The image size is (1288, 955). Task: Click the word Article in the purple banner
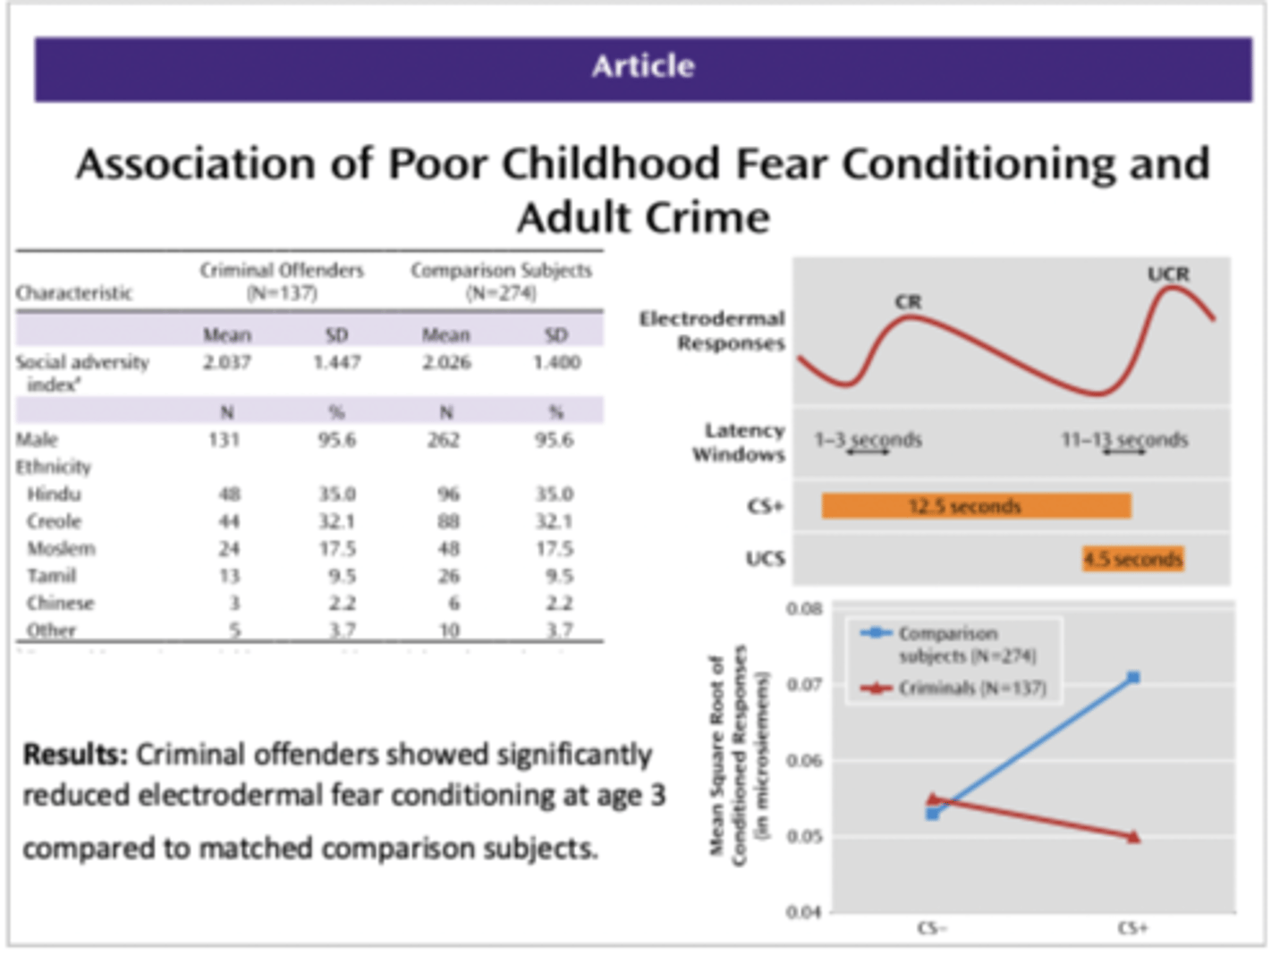pyautogui.click(x=642, y=66)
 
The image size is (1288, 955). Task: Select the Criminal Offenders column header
pyautogui.click(x=282, y=281)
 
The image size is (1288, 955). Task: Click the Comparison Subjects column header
pyautogui.click(x=501, y=281)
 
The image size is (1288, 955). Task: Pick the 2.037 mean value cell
pyautogui.click(x=226, y=362)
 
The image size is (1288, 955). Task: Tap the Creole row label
pyautogui.click(x=55, y=521)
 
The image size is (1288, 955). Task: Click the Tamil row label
pyautogui.click(x=51, y=576)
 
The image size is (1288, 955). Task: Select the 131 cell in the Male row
pyautogui.click(x=224, y=440)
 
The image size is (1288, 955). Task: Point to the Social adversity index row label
pyautogui.click(x=81, y=372)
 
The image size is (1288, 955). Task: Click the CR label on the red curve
pyautogui.click(x=908, y=302)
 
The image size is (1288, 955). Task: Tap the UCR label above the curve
pyautogui.click(x=1168, y=274)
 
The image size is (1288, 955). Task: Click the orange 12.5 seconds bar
pyautogui.click(x=976, y=506)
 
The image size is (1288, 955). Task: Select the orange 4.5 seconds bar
pyautogui.click(x=1132, y=560)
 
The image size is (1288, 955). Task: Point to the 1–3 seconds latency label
pyautogui.click(x=868, y=440)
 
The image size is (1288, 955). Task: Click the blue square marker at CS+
pyautogui.click(x=1133, y=678)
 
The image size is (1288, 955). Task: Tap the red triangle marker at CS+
pyautogui.click(x=1133, y=837)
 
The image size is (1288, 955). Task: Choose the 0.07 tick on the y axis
pyautogui.click(x=804, y=685)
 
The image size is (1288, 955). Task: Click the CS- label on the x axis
pyautogui.click(x=931, y=928)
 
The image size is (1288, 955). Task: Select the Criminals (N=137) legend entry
pyautogui.click(x=971, y=688)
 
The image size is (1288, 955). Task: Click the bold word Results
pyautogui.click(x=75, y=755)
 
